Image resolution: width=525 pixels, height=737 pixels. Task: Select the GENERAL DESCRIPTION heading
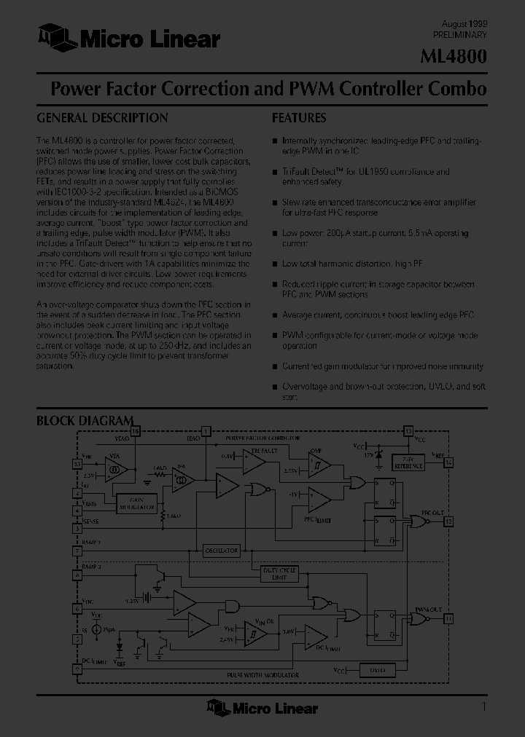(x=102, y=118)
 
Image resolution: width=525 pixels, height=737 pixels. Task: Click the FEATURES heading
(x=299, y=118)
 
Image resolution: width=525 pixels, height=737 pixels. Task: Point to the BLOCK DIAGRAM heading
(x=85, y=421)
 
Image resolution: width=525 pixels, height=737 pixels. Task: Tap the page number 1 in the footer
(x=483, y=706)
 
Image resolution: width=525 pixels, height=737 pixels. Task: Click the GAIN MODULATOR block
(x=136, y=502)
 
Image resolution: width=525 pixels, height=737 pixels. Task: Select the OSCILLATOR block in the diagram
(x=221, y=551)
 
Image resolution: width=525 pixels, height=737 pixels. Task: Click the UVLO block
(x=376, y=669)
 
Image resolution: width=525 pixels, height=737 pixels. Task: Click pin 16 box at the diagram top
(x=135, y=431)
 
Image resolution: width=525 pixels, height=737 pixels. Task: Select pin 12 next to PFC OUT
(x=448, y=521)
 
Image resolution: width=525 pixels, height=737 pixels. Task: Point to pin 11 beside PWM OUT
(x=448, y=619)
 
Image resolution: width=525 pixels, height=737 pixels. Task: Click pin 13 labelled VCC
(x=408, y=431)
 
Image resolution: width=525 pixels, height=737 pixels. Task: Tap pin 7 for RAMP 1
(x=77, y=551)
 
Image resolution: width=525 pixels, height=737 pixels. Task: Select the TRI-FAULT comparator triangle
(x=253, y=462)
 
